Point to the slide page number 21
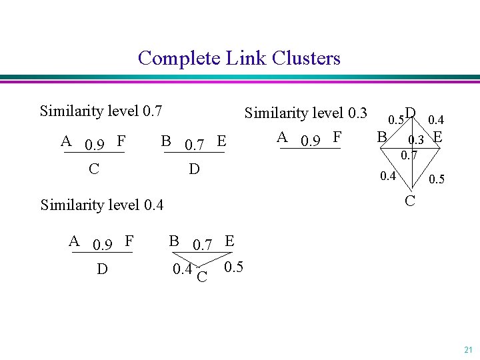click(x=468, y=349)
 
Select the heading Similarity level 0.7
click(x=101, y=110)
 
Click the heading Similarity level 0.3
click(x=306, y=113)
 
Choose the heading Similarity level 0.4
click(x=102, y=204)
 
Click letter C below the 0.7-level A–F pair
click(x=94, y=169)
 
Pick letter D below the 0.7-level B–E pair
click(x=194, y=169)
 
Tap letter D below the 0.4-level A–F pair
click(x=102, y=270)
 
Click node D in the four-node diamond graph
click(x=411, y=113)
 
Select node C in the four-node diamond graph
click(x=411, y=200)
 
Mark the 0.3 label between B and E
click(x=417, y=140)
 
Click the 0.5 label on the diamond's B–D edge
click(x=396, y=120)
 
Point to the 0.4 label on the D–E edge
click(x=437, y=120)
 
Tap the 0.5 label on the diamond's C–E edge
click(x=437, y=180)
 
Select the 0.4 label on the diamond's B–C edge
click(x=387, y=177)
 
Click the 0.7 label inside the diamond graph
click(x=409, y=156)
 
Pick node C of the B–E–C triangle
click(x=202, y=275)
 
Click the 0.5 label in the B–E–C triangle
click(x=233, y=268)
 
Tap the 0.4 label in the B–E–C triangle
click(x=181, y=269)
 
